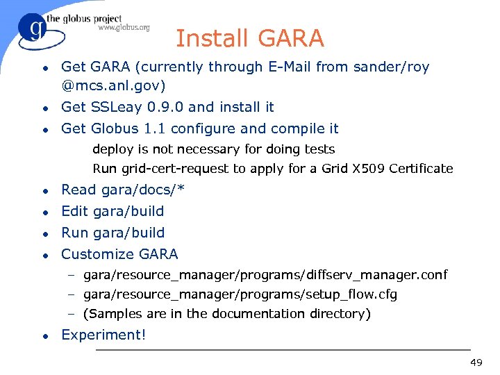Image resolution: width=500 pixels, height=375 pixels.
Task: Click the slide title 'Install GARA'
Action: (249, 38)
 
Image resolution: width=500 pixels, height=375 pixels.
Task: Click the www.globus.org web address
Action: (123, 28)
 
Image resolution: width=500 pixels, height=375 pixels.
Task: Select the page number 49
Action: (476, 362)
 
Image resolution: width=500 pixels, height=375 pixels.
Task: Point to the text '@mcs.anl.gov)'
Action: (113, 87)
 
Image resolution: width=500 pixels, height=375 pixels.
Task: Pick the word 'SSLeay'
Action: (112, 108)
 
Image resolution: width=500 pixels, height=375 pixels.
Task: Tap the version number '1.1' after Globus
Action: (153, 129)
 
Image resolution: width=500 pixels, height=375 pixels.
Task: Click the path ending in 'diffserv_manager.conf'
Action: (265, 276)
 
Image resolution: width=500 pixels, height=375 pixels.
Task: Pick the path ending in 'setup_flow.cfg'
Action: (240, 295)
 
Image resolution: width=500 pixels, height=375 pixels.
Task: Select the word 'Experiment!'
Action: (104, 335)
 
